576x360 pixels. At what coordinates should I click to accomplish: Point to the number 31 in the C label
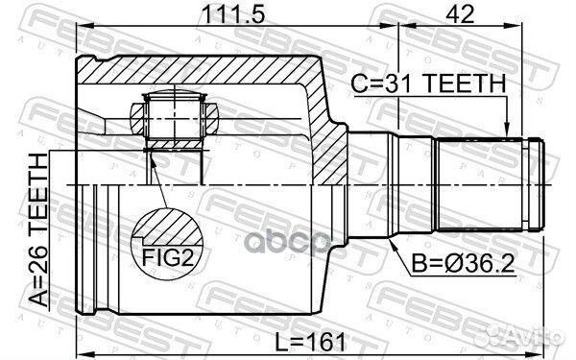pyautogui.click(x=416, y=84)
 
